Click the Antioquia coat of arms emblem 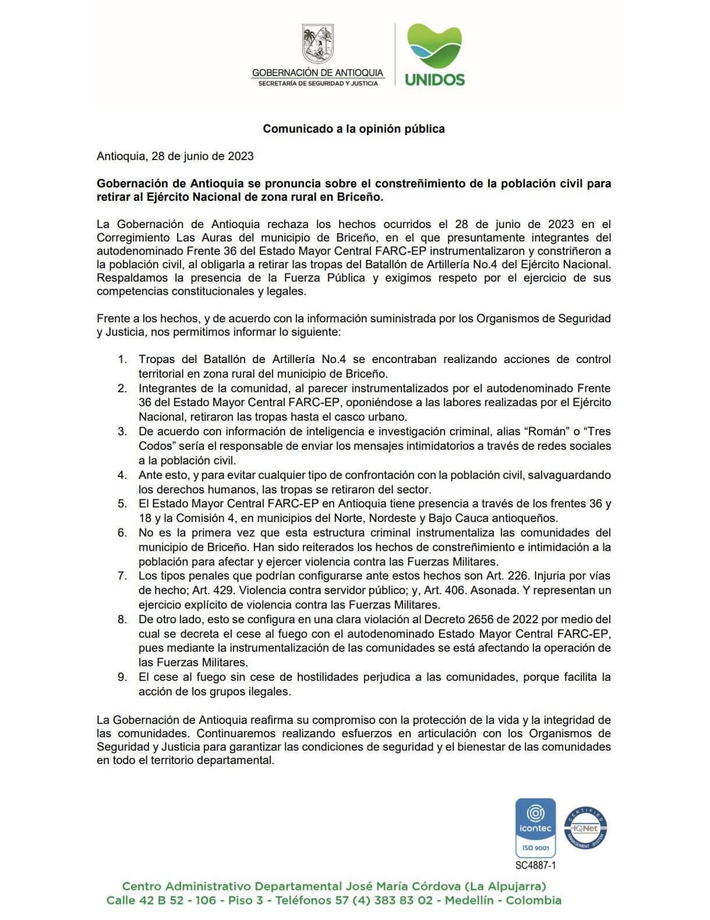pyautogui.click(x=318, y=44)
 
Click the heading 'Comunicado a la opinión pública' pyautogui.click(x=354, y=129)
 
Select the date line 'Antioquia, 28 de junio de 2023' pyautogui.click(x=175, y=156)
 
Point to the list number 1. pyautogui.click(x=122, y=359)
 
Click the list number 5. pyautogui.click(x=122, y=503)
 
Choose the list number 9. pyautogui.click(x=122, y=677)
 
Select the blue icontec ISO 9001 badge pyautogui.click(x=535, y=827)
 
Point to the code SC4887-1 pyautogui.click(x=535, y=865)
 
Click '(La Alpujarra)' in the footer pyautogui.click(x=505, y=886)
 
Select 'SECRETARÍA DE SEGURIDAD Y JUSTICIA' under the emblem pyautogui.click(x=317, y=83)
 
